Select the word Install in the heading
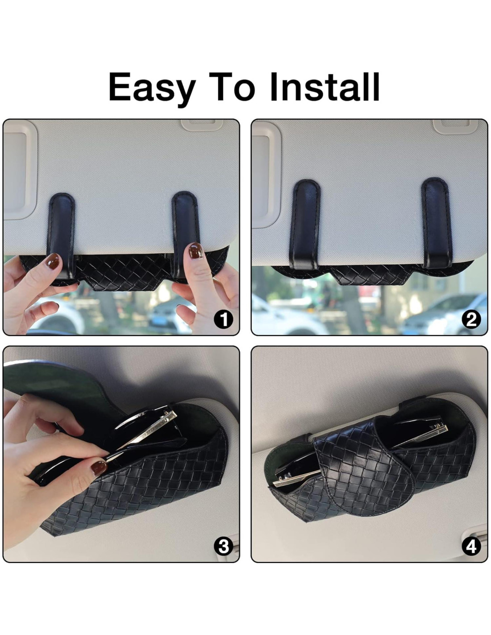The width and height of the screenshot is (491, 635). (x=325, y=87)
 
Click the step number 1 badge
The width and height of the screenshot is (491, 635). (x=224, y=320)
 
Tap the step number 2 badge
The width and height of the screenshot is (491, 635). (x=471, y=320)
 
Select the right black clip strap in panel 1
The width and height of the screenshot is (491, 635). (x=185, y=231)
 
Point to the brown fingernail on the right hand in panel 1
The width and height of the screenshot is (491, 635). (x=196, y=250)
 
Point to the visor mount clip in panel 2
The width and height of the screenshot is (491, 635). (x=454, y=126)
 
